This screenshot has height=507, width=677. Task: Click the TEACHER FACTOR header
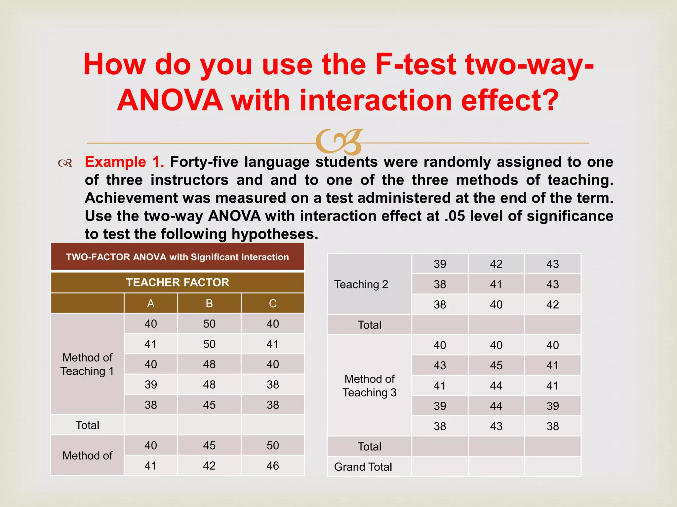(x=178, y=283)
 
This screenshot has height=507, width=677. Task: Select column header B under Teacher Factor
(x=209, y=303)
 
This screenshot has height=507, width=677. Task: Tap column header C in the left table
(x=273, y=303)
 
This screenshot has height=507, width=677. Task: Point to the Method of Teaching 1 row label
(x=87, y=364)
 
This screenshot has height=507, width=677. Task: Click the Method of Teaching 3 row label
(x=369, y=386)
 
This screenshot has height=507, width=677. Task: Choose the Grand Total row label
(x=363, y=467)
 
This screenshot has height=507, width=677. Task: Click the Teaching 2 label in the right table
(x=361, y=284)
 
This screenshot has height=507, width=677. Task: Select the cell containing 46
(x=273, y=466)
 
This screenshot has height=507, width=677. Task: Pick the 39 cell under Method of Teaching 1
(x=151, y=385)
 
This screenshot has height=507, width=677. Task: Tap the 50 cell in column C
(x=273, y=445)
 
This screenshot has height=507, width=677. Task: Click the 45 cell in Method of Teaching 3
(x=496, y=365)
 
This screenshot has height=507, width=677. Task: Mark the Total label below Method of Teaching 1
(x=87, y=425)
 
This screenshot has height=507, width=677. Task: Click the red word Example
(x=115, y=162)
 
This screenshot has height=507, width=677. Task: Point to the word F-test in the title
(x=416, y=64)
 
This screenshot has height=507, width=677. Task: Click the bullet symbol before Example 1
(x=65, y=163)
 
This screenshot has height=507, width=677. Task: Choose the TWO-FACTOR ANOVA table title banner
(x=178, y=257)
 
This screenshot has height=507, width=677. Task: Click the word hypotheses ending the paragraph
(x=274, y=234)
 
